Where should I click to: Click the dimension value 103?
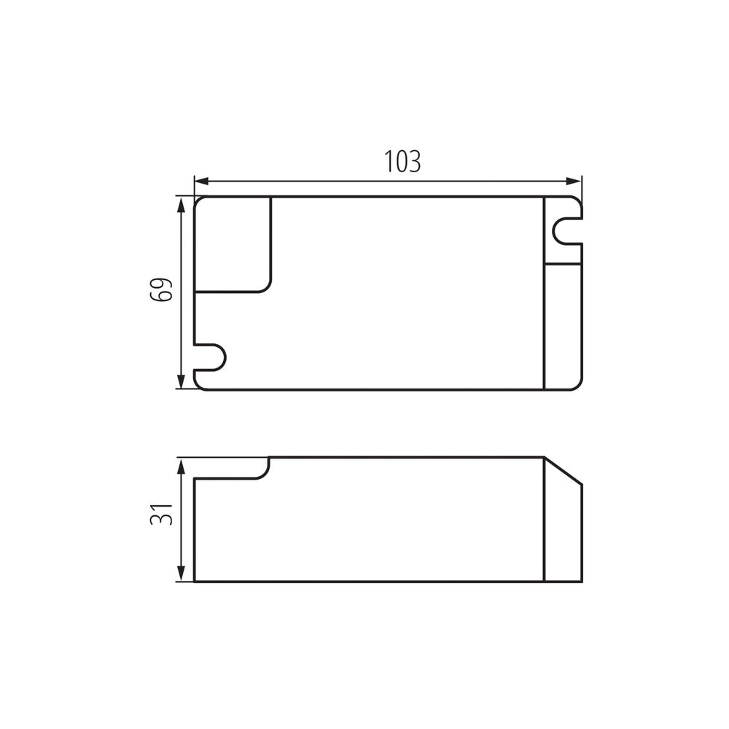click(402, 161)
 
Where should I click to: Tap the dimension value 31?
click(161, 515)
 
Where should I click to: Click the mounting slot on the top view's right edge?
click(567, 230)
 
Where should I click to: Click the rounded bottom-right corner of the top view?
click(577, 384)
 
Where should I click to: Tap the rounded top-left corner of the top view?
click(199, 201)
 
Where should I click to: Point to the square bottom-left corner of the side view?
click(195, 581)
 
